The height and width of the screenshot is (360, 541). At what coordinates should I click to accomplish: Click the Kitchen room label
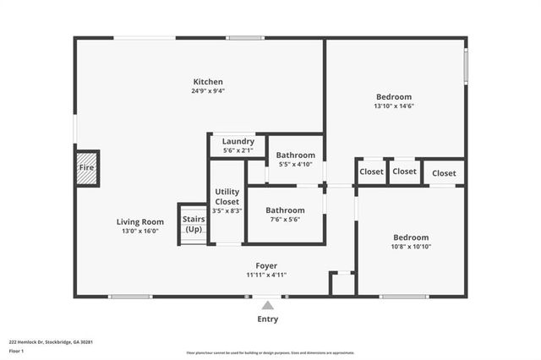coord(207,82)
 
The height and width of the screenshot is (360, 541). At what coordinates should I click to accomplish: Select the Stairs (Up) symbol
coord(194,225)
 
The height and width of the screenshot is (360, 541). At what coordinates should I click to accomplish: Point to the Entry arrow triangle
coord(267,305)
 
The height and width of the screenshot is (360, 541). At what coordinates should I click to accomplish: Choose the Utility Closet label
coord(227,196)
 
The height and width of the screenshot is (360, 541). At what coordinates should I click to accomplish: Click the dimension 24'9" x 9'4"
coord(207,91)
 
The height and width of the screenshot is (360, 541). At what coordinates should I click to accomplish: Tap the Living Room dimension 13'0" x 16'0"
coord(139,231)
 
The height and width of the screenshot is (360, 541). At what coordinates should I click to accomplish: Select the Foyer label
coord(266,265)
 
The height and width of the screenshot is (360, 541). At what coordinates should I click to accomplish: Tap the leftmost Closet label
coord(371,172)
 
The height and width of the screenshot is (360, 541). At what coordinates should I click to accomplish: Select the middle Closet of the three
coord(405,172)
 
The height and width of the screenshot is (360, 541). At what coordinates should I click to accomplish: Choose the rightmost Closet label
coord(444,172)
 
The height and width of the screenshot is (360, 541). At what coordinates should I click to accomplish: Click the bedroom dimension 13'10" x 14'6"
coord(393,106)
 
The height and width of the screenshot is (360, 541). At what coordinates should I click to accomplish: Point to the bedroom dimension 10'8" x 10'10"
coord(410,247)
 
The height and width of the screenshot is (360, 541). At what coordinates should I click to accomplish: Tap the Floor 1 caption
coord(16,350)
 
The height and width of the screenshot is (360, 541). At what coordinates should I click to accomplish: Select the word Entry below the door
coord(267,319)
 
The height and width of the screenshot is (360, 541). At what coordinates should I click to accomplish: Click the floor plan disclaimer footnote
coord(270,353)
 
